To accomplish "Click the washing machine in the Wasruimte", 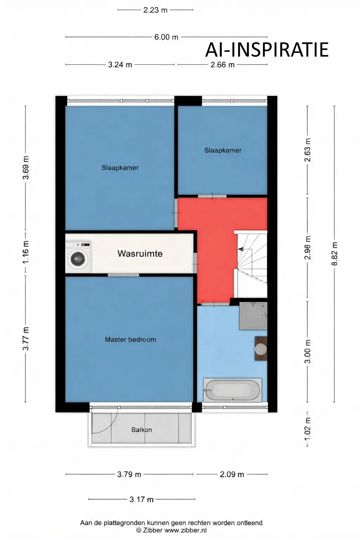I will coord(78,258).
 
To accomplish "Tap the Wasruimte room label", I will coord(140,253).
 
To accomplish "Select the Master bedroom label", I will coord(130,340).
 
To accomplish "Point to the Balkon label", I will coord(142,430).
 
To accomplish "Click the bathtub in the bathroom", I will coord(232,390).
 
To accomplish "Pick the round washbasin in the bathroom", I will coord(261,349).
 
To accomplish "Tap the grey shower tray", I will coord(253,316).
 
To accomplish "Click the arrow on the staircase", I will coord(241,249).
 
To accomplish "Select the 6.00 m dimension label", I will coord(166,37).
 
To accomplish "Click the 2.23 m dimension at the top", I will coord(155,10).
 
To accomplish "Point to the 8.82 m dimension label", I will coord(335,254).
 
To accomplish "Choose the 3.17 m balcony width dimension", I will coord(141,499).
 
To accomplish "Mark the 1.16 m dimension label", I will coord(26,252).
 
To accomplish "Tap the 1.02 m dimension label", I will coord(308,429).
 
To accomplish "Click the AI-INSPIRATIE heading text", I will coord(267,50).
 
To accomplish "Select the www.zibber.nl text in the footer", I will coord(185,531).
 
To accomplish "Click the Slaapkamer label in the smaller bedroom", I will coord(223,150).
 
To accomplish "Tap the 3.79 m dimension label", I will coord(129,474).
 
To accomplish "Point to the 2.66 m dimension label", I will coord(223,65).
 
